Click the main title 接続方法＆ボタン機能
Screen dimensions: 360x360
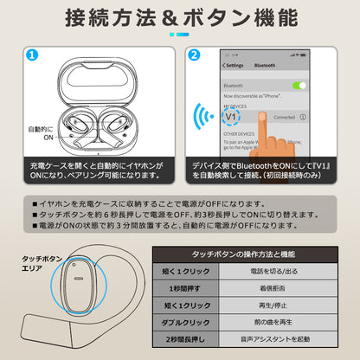click(x=180, y=18)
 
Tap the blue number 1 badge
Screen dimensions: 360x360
click(x=31, y=55)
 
